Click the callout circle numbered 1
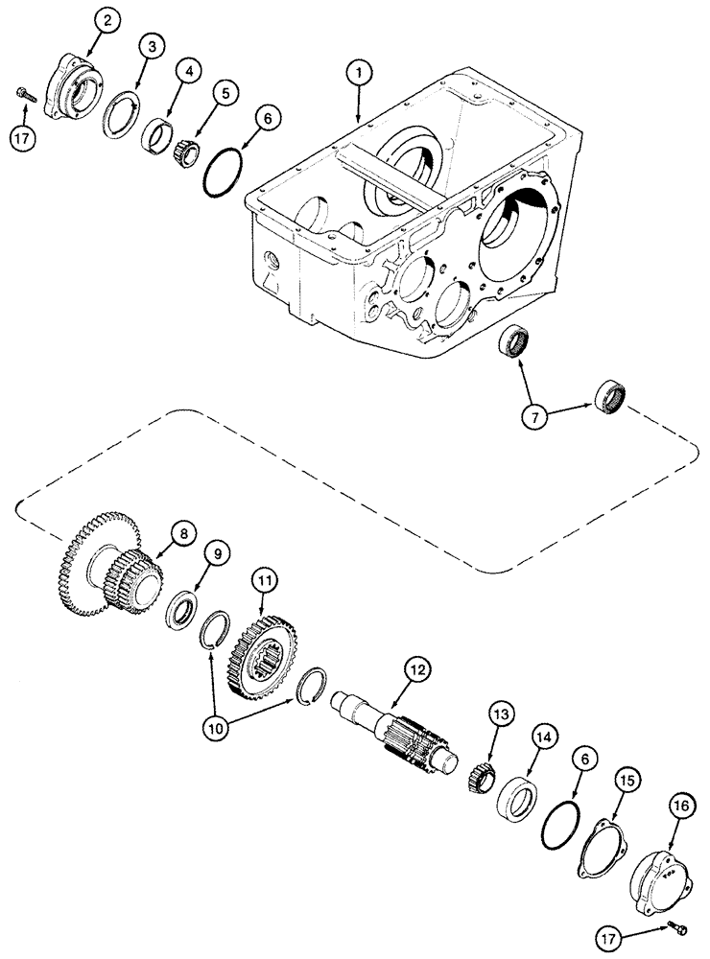coord(360,72)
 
